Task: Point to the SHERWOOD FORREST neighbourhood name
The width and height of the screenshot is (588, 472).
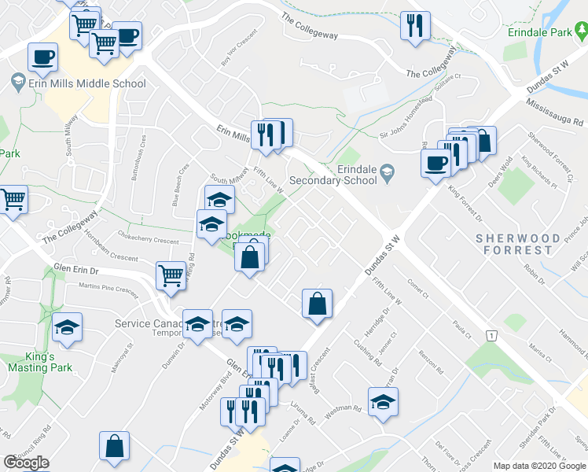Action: (518, 244)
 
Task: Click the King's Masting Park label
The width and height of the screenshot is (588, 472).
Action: (39, 362)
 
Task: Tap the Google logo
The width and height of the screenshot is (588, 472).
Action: (27, 462)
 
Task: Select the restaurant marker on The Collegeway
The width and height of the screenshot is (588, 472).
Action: (413, 26)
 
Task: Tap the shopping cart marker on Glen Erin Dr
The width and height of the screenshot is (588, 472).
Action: (171, 275)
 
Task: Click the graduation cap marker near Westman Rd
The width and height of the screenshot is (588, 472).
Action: (383, 402)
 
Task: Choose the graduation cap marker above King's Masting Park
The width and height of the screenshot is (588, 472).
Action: (68, 327)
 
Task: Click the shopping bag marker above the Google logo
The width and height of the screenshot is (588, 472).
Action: (115, 446)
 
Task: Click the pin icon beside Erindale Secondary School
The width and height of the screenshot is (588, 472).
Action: (386, 171)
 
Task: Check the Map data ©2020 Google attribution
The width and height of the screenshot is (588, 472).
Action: (539, 466)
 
